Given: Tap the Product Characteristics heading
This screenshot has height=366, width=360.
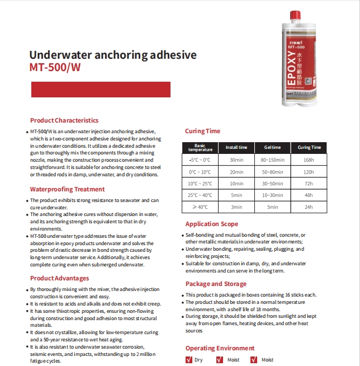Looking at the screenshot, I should (x=64, y=120).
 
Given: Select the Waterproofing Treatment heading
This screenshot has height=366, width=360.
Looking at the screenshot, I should (x=67, y=189).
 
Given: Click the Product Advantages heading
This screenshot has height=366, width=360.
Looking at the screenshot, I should (x=59, y=278).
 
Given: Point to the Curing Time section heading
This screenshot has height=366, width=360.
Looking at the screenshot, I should (x=202, y=132).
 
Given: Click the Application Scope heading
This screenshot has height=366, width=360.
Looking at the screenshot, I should (x=211, y=224).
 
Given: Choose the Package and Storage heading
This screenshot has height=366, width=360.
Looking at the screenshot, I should (x=215, y=284).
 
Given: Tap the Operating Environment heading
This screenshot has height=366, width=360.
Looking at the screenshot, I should (x=220, y=348).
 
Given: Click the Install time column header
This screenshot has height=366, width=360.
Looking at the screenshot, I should (x=236, y=148).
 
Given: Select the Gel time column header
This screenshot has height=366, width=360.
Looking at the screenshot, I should (x=272, y=148).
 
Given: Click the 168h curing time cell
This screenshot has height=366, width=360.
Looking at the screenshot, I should (x=309, y=160).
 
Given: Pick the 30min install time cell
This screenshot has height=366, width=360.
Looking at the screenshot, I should (x=236, y=160).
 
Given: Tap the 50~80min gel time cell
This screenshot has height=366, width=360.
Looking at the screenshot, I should (x=272, y=172).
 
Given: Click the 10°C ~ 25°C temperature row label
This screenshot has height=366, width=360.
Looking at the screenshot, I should (x=200, y=184).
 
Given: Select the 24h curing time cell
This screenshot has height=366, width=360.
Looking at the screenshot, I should (x=309, y=207).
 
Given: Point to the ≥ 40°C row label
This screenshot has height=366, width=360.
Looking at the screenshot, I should (x=200, y=207).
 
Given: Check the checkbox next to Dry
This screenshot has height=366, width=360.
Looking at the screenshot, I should (x=188, y=360).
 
